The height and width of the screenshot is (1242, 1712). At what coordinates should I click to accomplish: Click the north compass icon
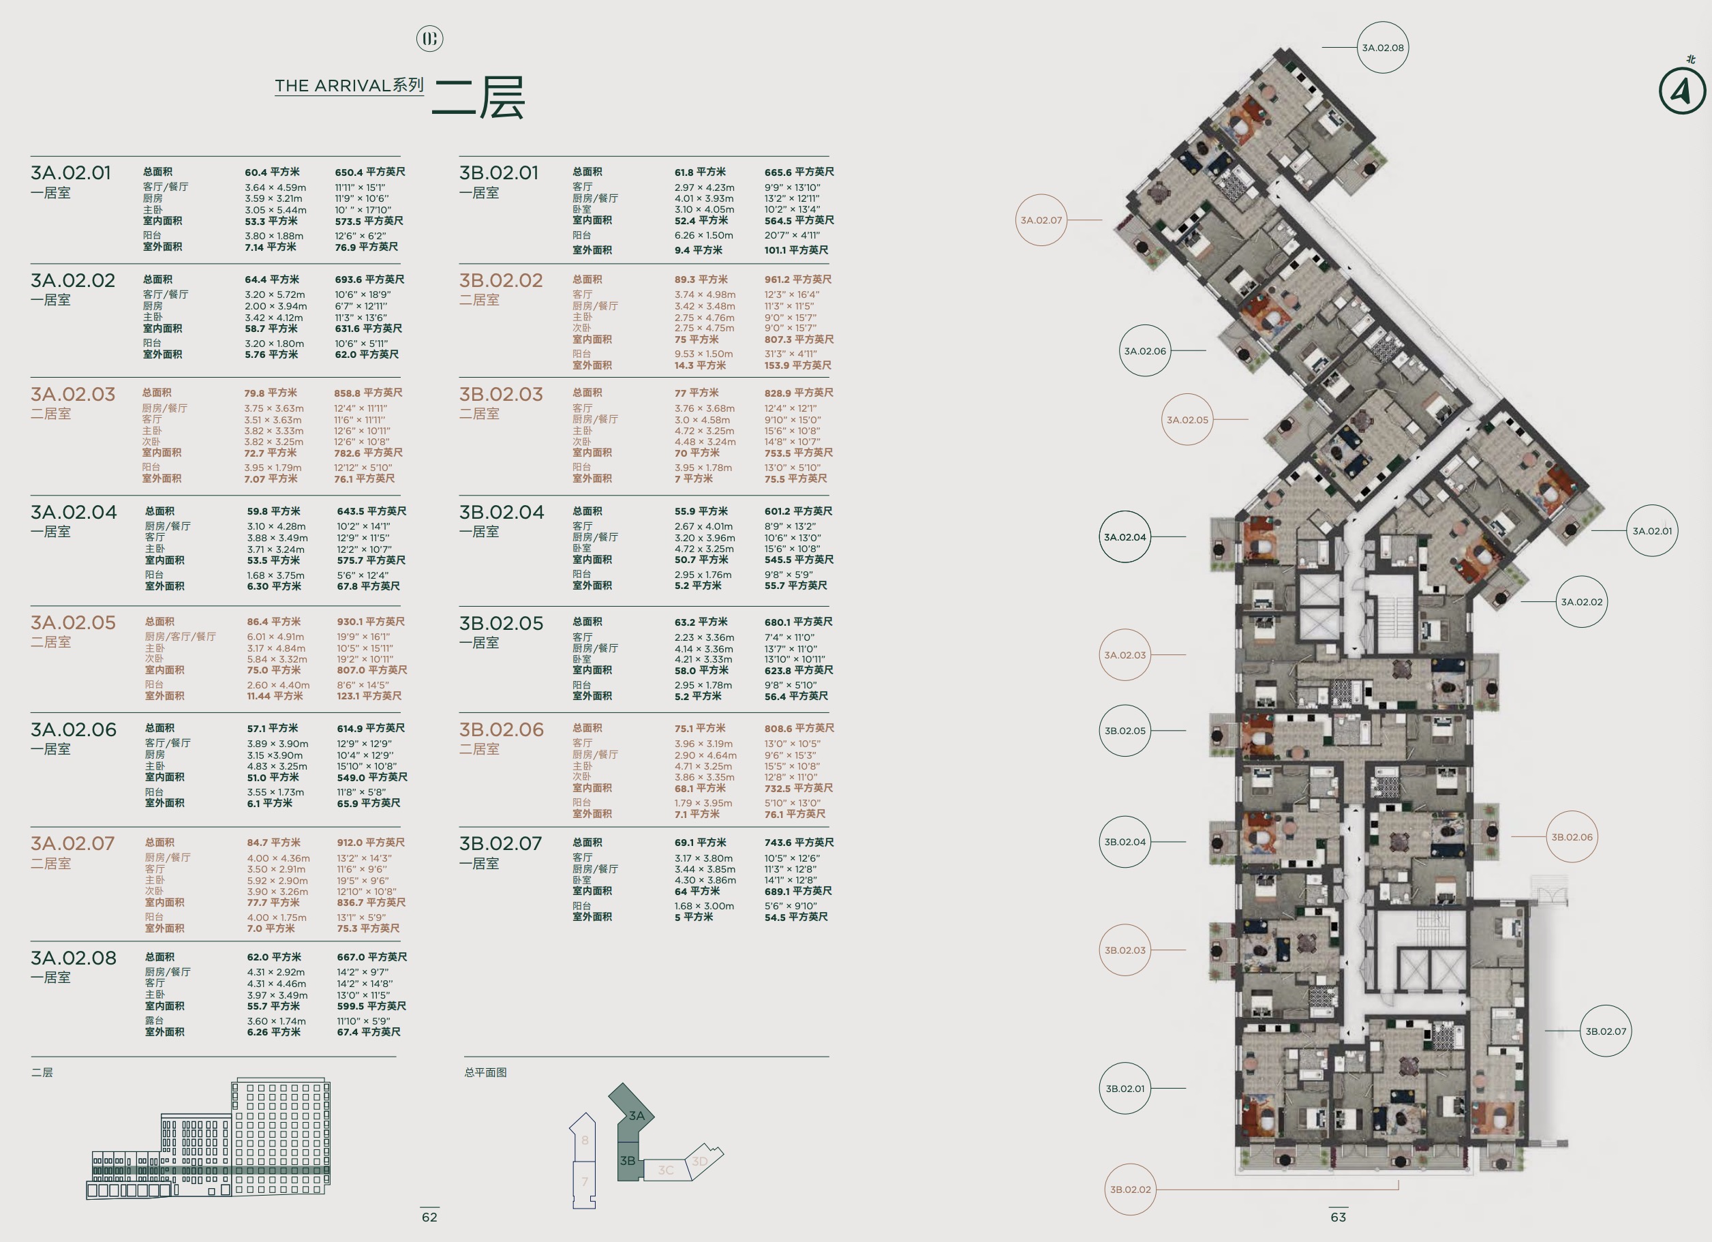click(x=1683, y=91)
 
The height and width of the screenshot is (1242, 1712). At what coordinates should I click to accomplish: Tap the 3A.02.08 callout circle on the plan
click(x=1383, y=48)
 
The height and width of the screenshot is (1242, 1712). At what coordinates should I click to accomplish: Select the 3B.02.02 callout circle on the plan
click(x=1131, y=1189)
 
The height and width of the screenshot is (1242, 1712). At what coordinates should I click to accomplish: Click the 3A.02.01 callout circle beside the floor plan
click(x=1653, y=531)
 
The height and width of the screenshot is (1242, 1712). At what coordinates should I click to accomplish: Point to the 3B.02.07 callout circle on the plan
click(x=1606, y=1031)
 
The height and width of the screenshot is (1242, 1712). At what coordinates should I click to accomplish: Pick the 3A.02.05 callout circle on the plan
click(x=1187, y=420)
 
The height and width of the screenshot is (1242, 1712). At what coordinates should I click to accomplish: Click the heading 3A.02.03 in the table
click(x=73, y=394)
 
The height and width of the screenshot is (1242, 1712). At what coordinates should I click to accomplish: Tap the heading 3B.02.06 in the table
click(x=501, y=729)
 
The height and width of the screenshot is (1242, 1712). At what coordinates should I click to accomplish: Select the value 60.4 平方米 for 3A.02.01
click(x=272, y=172)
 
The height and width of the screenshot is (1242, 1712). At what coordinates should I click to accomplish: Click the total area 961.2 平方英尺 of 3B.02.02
click(x=799, y=279)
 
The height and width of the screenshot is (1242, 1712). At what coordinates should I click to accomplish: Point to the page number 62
click(x=429, y=1217)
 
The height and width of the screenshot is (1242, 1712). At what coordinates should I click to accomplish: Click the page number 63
click(x=1339, y=1217)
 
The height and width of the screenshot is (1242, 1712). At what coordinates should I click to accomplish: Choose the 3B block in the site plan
click(x=630, y=1160)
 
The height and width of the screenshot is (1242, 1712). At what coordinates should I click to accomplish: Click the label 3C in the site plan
click(x=666, y=1170)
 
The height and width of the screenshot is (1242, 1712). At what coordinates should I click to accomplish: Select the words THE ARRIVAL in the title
click(x=332, y=86)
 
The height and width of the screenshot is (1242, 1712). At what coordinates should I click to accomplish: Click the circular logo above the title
click(x=429, y=38)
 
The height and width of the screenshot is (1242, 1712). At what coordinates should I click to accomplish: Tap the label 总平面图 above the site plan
click(x=485, y=1072)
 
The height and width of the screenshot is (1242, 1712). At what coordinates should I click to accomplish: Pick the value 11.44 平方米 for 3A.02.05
click(x=275, y=696)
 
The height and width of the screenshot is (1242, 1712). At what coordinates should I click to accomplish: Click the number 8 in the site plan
click(x=584, y=1140)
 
